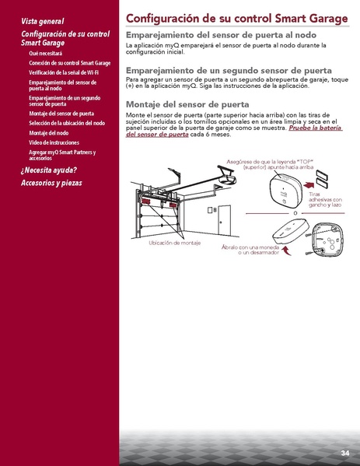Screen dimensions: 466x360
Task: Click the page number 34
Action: [344, 453]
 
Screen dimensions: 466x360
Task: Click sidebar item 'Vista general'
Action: [43, 21]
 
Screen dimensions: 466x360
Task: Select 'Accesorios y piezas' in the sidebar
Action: [51, 183]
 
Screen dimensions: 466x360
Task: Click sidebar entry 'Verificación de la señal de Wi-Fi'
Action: [63, 72]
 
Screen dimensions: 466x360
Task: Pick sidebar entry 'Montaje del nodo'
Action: [49, 132]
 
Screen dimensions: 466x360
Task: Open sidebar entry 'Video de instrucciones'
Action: [54, 142]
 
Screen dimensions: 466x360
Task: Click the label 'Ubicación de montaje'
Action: [174, 244]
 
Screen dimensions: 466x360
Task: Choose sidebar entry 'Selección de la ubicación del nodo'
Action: [66, 123]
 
